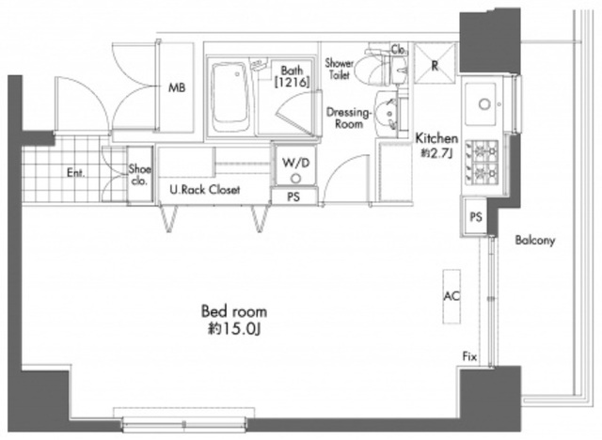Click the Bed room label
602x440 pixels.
234,311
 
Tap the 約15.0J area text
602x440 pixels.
234,329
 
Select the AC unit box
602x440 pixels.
451,296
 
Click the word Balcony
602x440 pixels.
535,241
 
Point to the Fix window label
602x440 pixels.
469,356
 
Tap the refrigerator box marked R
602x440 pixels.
435,63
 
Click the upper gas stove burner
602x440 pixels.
483,150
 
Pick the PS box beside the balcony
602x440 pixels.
475,217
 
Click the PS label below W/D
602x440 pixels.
293,196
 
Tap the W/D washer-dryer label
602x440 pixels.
295,163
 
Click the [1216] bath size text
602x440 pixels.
292,82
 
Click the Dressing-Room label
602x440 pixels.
349,118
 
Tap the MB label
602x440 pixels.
177,87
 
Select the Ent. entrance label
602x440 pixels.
75,173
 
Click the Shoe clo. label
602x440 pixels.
140,175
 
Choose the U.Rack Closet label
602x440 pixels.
205,190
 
